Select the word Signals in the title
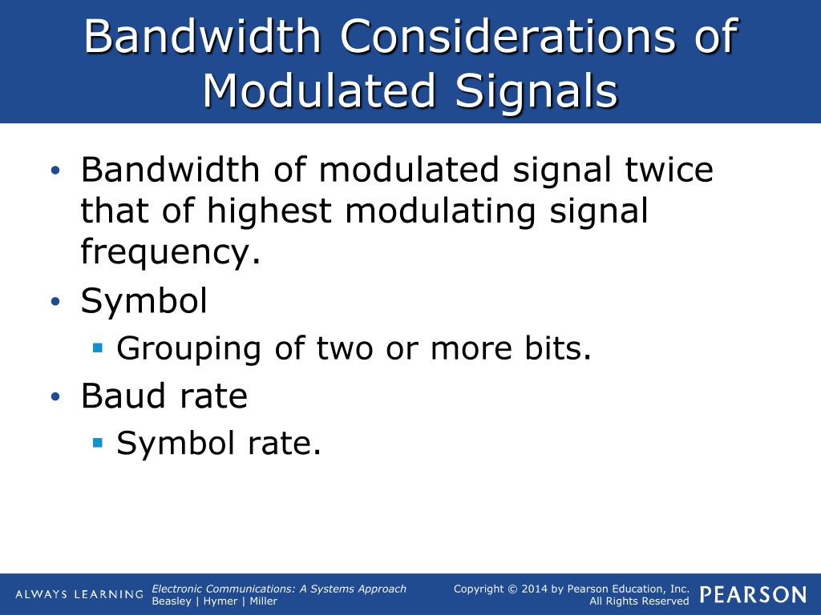click(536, 90)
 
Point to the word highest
click(269, 211)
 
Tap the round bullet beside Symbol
click(55, 302)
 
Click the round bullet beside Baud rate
click(55, 396)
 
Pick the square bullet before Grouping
click(98, 348)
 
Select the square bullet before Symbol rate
click(98, 441)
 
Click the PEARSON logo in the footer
click(753, 594)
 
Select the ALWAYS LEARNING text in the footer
click(79, 594)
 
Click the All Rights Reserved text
click(639, 601)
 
